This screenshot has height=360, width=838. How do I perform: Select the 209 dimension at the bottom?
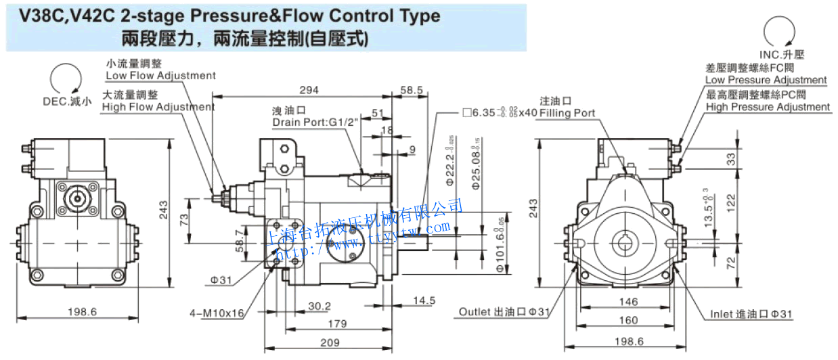[330, 342]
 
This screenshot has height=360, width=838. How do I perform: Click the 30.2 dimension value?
[319, 307]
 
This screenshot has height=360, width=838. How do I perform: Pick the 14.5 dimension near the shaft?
[423, 300]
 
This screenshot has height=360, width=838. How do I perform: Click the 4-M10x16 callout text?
[217, 313]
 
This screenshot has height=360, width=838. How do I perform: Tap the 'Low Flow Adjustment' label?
[160, 76]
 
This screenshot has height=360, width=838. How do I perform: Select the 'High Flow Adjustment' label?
[158, 107]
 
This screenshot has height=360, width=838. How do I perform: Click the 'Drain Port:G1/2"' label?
[313, 122]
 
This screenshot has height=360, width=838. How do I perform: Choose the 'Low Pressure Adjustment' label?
[766, 80]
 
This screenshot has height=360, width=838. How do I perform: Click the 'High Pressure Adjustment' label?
[768, 107]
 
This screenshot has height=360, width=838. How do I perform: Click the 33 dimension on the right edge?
[730, 160]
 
